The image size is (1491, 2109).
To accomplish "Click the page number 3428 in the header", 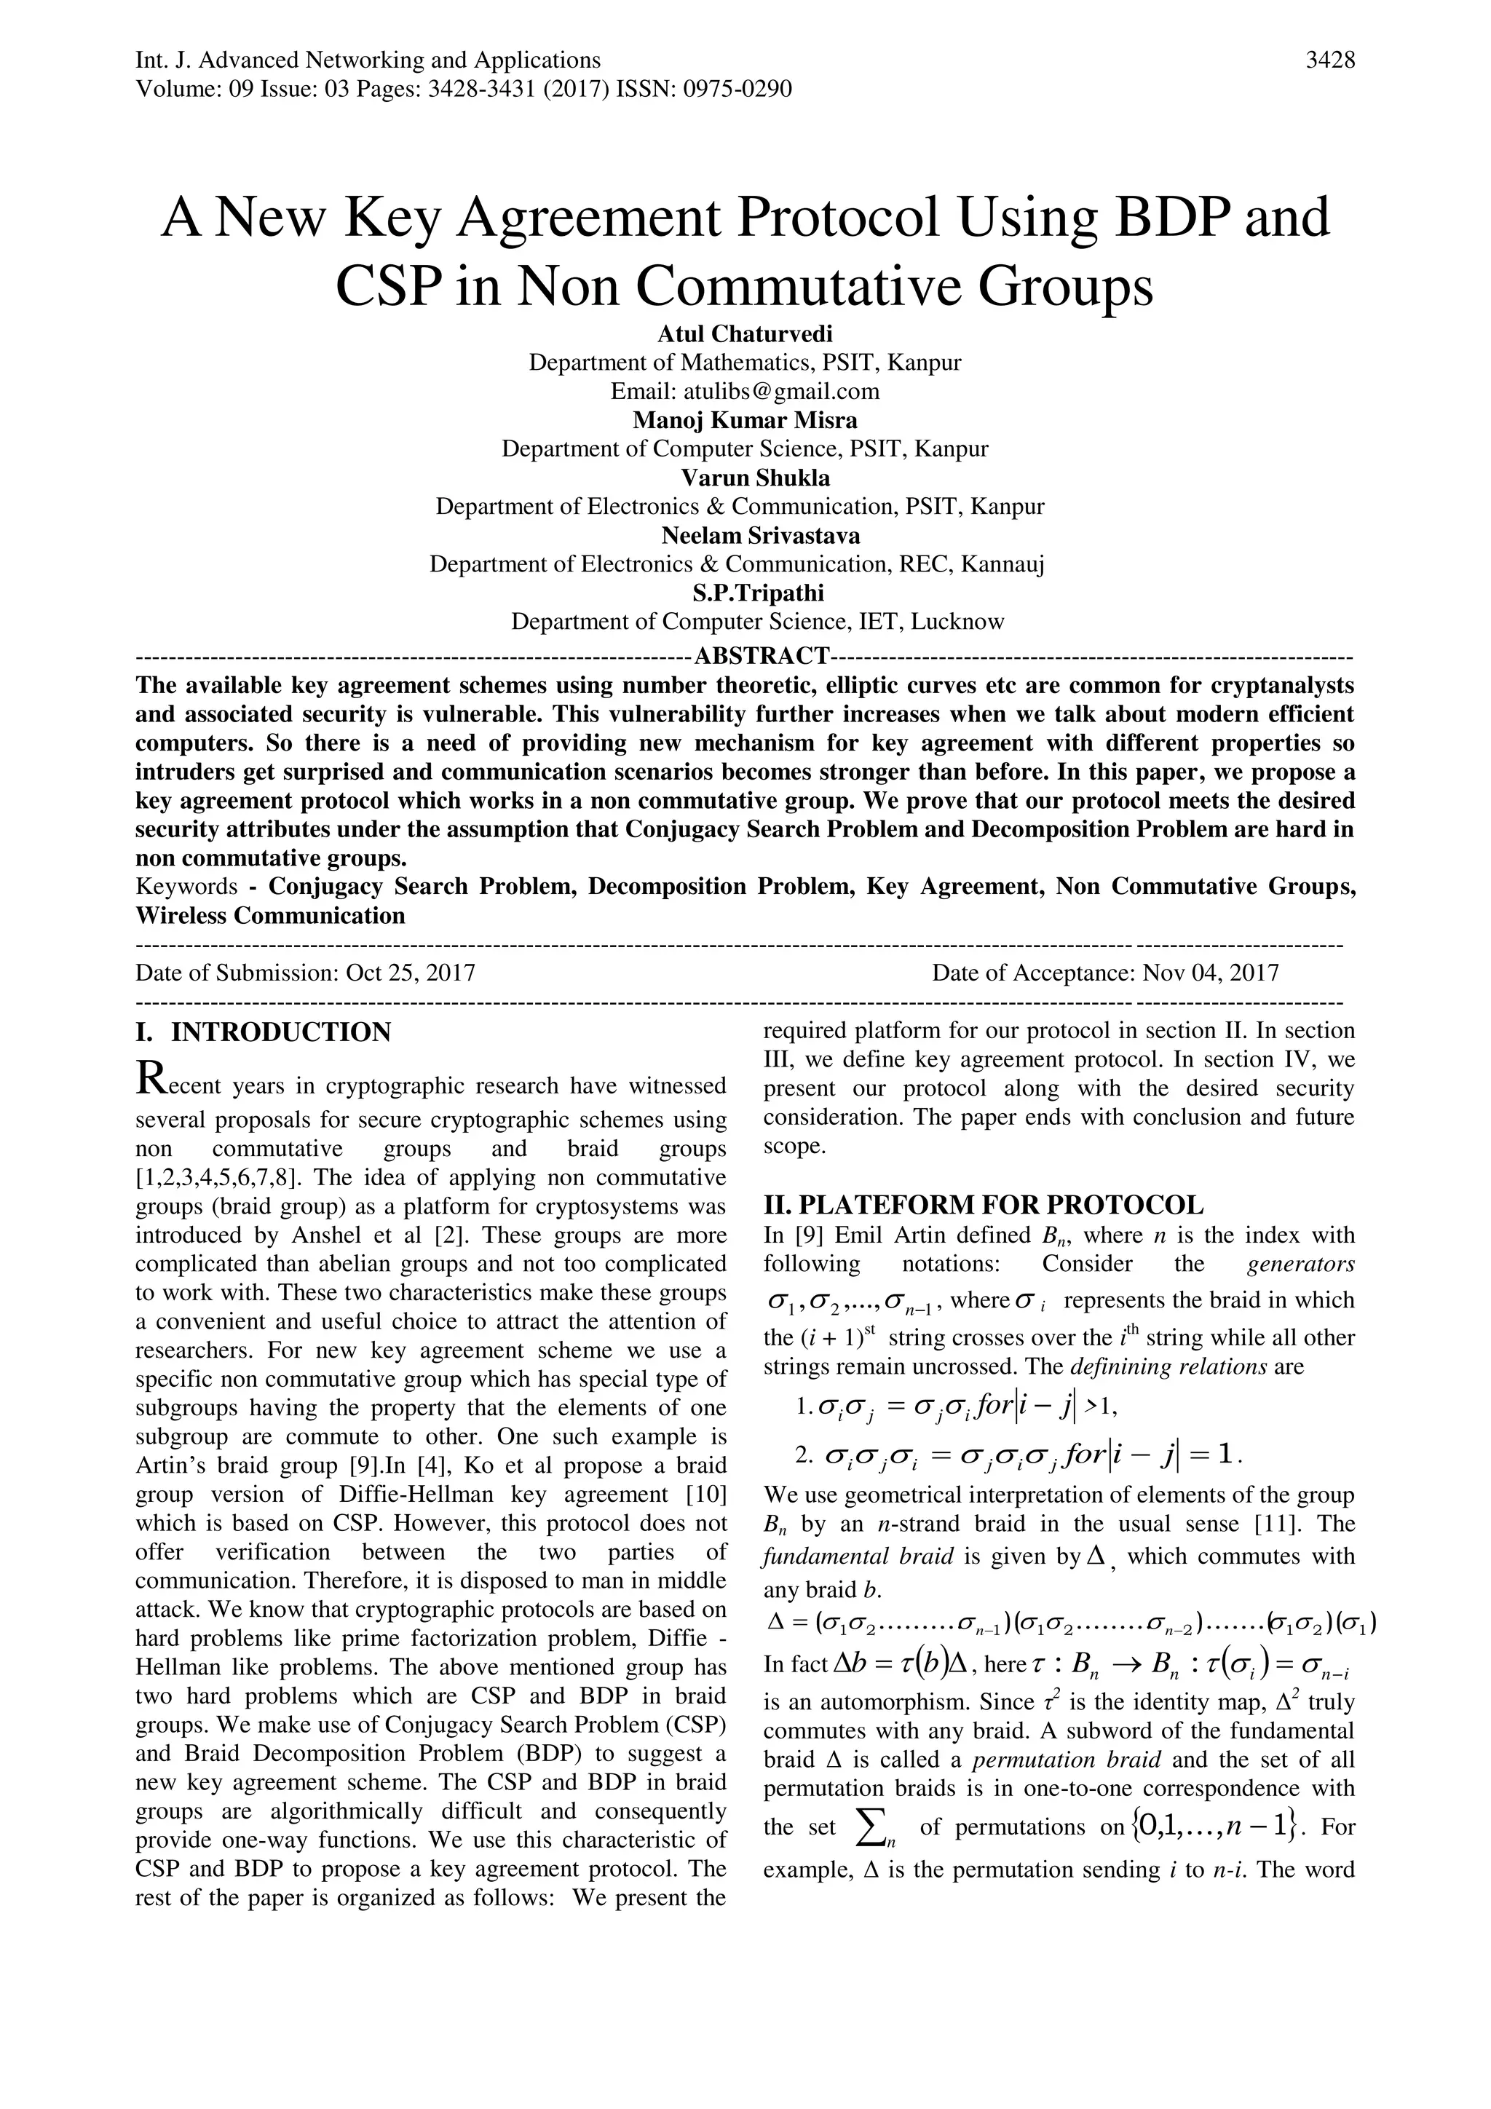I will coord(1329,60).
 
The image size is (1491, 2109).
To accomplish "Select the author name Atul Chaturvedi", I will coord(744,333).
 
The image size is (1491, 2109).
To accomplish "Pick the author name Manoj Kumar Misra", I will coord(744,420).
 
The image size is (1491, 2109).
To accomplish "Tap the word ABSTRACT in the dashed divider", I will coord(762,656).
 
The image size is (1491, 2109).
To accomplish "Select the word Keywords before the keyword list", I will coord(186,887).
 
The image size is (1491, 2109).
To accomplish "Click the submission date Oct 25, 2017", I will coord(410,973).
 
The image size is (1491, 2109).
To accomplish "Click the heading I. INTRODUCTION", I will coord(263,1032).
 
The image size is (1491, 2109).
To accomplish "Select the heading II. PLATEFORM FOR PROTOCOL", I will coord(983,1204).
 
